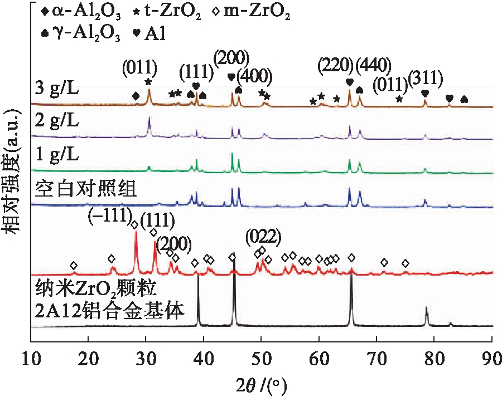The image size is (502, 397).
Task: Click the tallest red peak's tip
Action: coord(136,232)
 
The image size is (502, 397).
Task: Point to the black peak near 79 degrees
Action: coord(427,307)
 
